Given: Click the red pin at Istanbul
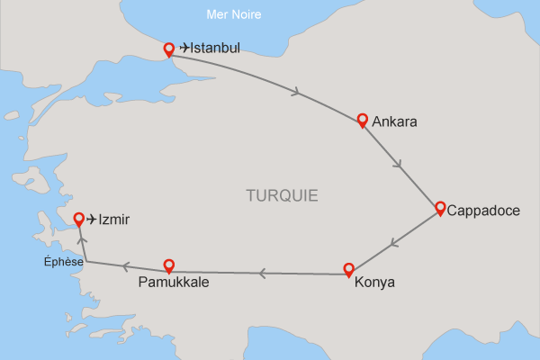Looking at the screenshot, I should pyautogui.click(x=168, y=49).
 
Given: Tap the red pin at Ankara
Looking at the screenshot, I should pyautogui.click(x=363, y=121).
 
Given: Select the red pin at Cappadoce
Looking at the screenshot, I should pyautogui.click(x=440, y=208).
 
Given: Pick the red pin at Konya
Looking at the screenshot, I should pyautogui.click(x=349, y=268).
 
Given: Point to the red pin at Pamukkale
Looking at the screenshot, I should pyautogui.click(x=168, y=265).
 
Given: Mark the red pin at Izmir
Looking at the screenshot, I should pyautogui.click(x=79, y=219).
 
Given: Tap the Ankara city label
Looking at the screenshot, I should pyautogui.click(x=393, y=121).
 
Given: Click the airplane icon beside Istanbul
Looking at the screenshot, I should pyautogui.click(x=185, y=48).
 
